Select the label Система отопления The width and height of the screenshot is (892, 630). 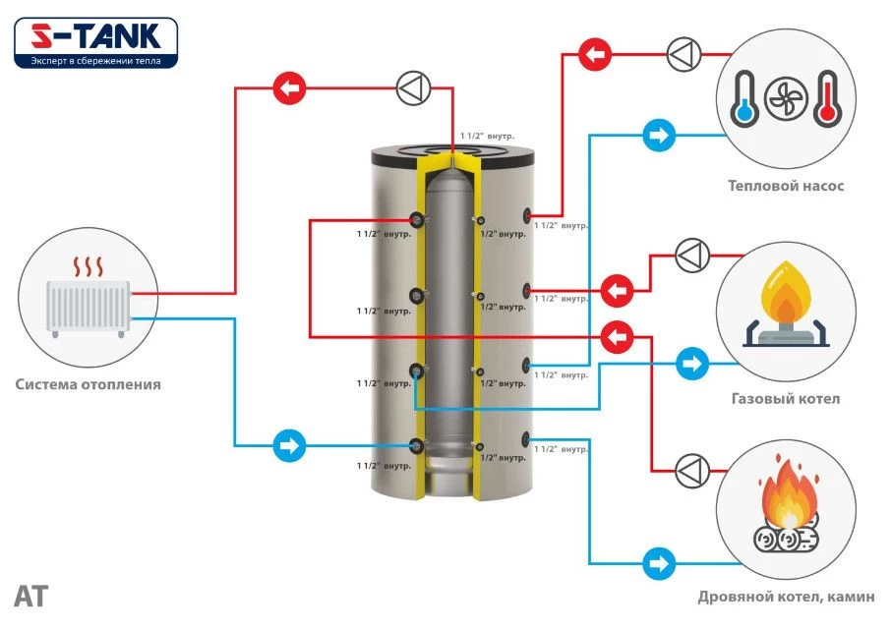(89, 384)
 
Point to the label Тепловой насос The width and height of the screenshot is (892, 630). (785, 185)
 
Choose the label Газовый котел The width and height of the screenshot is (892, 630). (785, 399)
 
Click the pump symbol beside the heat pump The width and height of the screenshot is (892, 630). (683, 53)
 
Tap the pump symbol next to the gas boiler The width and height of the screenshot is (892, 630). (689, 257)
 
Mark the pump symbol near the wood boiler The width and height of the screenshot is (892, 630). (692, 471)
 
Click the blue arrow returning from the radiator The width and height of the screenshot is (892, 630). (290, 445)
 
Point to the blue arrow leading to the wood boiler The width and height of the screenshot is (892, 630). (658, 565)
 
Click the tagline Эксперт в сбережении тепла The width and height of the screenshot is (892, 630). (95, 59)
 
